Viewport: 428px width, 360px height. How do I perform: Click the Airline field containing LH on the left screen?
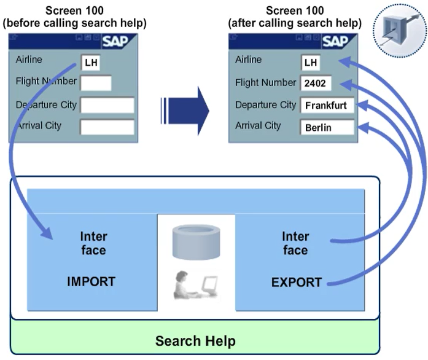pos(90,62)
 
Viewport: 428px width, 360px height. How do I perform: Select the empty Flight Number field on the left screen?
pos(96,83)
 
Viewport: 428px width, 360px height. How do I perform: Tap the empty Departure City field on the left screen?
pos(107,105)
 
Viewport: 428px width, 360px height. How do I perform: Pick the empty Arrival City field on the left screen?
pos(107,127)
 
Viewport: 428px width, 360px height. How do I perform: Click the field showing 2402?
pos(315,84)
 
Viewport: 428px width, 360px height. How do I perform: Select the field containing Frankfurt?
pos(327,105)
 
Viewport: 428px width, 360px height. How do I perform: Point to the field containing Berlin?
pos(327,127)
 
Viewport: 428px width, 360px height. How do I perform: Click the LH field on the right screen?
pos(310,63)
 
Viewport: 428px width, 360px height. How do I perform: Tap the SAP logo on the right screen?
pos(335,41)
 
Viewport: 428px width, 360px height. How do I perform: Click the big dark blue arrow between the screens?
pos(185,111)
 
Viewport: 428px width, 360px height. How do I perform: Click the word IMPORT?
pos(91,282)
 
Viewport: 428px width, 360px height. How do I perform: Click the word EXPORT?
pos(297,283)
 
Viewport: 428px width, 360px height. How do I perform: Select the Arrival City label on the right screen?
pos(258,125)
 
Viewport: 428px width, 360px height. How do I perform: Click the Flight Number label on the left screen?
pos(46,81)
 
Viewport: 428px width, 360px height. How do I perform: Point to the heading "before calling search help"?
pos(73,24)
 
